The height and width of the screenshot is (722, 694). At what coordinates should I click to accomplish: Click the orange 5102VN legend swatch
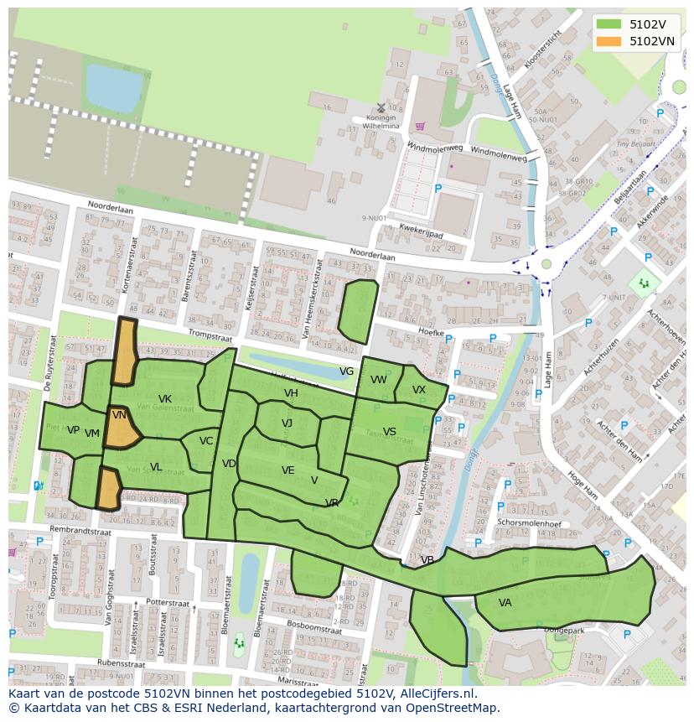pyautogui.click(x=609, y=41)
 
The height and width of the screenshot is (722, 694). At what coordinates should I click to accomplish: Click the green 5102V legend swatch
pyautogui.click(x=609, y=24)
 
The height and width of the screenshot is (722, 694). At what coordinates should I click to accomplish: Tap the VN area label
pyautogui.click(x=119, y=415)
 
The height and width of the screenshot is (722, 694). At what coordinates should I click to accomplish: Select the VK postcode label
pyautogui.click(x=165, y=399)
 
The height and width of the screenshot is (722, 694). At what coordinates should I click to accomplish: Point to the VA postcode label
pyautogui.click(x=505, y=603)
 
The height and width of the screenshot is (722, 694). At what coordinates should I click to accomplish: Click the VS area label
pyautogui.click(x=390, y=432)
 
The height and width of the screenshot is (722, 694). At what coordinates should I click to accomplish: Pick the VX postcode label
pyautogui.click(x=419, y=390)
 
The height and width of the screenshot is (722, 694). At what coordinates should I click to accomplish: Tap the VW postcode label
pyautogui.click(x=379, y=380)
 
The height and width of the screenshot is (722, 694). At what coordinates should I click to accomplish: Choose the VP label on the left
pyautogui.click(x=73, y=430)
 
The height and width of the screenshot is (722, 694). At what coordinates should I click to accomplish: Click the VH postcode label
pyautogui.click(x=291, y=393)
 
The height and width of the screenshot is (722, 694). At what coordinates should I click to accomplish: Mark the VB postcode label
pyautogui.click(x=427, y=560)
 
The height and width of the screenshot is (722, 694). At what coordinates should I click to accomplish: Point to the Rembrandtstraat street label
pyautogui.click(x=81, y=531)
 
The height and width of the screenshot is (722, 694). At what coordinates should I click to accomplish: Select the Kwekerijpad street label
pyautogui.click(x=421, y=232)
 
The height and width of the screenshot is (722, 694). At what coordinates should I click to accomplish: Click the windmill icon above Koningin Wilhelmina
pyautogui.click(x=381, y=107)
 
